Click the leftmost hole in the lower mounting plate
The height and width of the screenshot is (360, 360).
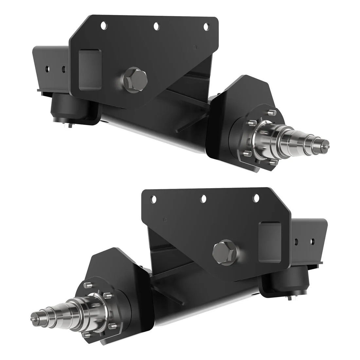[x=153, y=198]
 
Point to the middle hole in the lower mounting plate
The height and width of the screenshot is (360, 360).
[x=204, y=198]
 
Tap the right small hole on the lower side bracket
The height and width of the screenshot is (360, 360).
[x=313, y=242]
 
